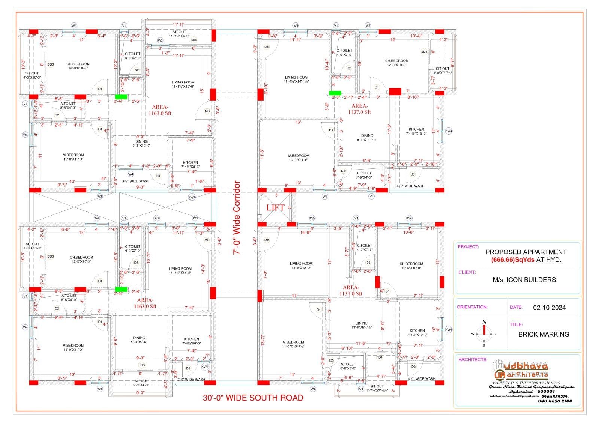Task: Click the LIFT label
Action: (275, 207)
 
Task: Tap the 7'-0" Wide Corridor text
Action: (237, 218)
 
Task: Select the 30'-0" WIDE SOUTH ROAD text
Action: (253, 398)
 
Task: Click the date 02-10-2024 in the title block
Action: (549, 308)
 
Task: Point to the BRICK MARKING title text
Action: (544, 334)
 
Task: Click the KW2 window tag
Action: (205, 367)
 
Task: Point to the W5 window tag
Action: (312, 218)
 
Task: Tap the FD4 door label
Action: (380, 357)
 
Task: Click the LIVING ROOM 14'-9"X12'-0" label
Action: (301, 265)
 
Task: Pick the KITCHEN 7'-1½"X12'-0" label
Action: (416, 131)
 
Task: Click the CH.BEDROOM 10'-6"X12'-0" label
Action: (411, 266)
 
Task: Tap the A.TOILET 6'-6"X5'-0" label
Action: (348, 366)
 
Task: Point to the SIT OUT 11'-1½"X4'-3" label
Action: (179, 34)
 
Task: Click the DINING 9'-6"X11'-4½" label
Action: (367, 137)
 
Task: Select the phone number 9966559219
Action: (557, 396)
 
